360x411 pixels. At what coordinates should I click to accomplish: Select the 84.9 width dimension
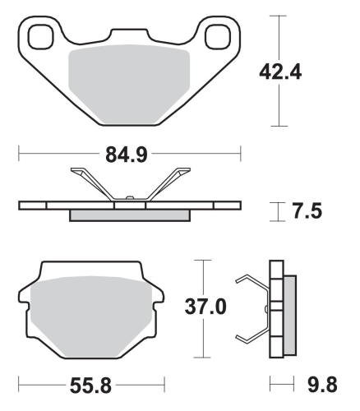tap(128, 153)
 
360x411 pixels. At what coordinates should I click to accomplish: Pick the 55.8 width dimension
tap(92, 384)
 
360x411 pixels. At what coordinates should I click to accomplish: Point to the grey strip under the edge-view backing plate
tap(129, 216)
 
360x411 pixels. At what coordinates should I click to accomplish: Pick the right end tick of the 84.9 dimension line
tap(240, 153)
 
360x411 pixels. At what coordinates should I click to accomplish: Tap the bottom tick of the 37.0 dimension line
tap(202, 358)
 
